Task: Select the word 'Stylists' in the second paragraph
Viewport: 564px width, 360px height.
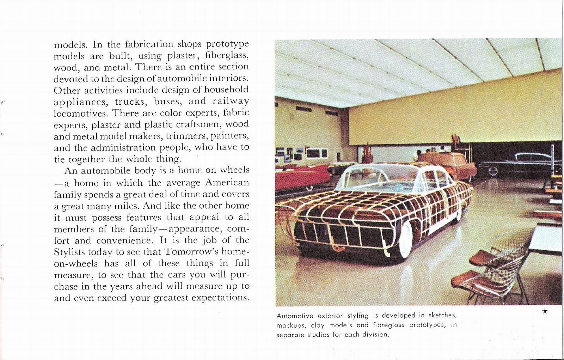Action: [x=69, y=252]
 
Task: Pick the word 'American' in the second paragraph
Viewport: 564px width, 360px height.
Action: [x=227, y=183]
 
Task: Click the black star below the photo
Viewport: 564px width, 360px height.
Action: [x=545, y=311]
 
